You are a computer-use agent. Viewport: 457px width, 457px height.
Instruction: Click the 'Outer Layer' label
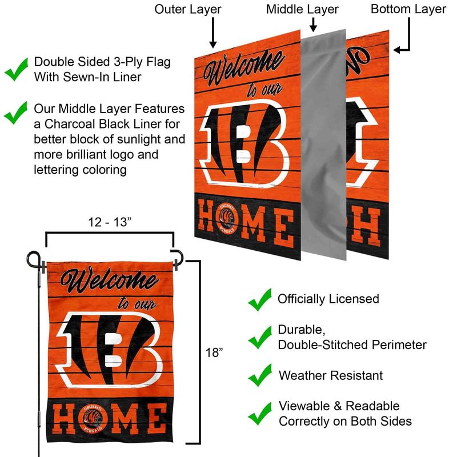point(188,10)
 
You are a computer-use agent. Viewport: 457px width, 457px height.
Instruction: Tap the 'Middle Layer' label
point(302,10)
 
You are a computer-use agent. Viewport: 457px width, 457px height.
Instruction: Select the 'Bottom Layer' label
point(408,10)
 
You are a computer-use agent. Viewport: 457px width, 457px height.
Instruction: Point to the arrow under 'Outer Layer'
point(213,33)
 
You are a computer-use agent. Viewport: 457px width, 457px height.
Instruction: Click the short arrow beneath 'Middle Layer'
point(313,25)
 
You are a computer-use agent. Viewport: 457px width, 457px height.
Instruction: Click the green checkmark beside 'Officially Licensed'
point(260,299)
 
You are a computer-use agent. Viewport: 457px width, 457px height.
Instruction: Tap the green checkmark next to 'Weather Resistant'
point(260,375)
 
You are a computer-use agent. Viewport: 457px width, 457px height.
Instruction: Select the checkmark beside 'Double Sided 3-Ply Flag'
point(17,69)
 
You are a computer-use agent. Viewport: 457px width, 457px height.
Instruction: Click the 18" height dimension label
point(214,352)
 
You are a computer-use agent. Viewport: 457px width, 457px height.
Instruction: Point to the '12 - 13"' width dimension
point(110,222)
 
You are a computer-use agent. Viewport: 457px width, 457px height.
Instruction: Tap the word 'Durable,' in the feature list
point(302,330)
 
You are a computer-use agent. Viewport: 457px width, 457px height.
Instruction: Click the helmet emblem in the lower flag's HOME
point(93,419)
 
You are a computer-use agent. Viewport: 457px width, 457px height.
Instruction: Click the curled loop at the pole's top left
point(33,259)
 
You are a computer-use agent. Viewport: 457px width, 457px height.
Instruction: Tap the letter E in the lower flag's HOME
point(157,419)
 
